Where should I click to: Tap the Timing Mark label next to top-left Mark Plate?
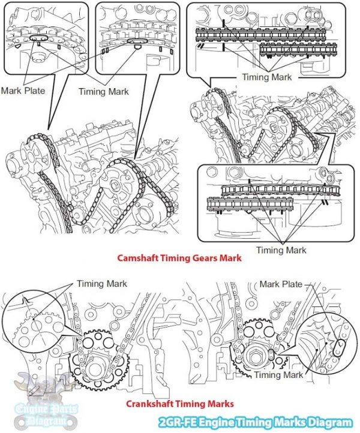tap(103, 91)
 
